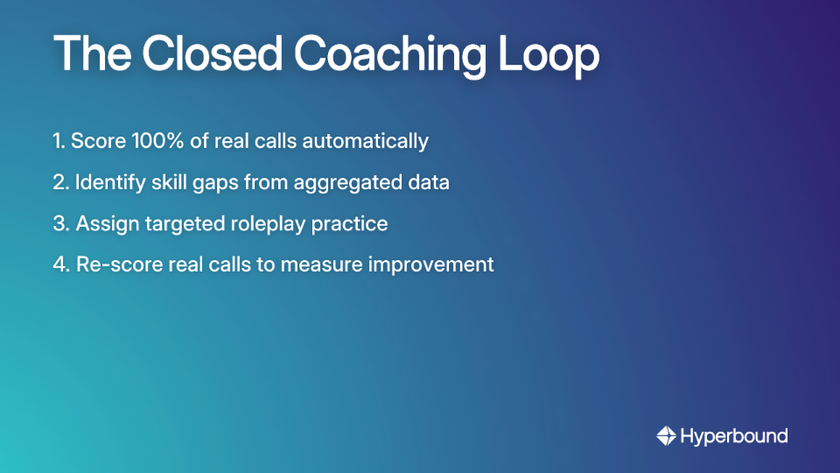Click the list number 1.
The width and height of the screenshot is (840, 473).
(x=58, y=141)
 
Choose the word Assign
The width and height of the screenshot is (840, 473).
(x=103, y=223)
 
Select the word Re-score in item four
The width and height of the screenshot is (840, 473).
(x=114, y=264)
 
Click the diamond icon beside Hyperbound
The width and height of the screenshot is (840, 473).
(x=666, y=435)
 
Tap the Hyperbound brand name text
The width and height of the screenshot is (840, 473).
(x=733, y=435)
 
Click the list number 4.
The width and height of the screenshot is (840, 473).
(x=59, y=264)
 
